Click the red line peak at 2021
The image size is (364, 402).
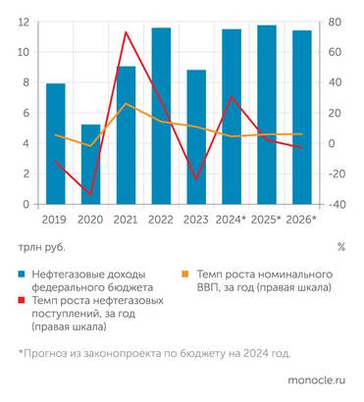[x=126, y=32]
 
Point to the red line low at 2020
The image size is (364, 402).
[x=90, y=194]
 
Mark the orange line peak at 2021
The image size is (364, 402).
[x=126, y=103]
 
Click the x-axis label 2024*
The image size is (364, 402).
[x=232, y=220]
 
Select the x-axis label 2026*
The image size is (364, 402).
[x=302, y=220]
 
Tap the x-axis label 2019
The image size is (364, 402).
[x=56, y=220]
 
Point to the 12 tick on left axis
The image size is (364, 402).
[x=22, y=22]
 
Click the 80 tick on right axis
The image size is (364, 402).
[x=335, y=22]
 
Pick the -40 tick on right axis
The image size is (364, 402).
[x=337, y=205]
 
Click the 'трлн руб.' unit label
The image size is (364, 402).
[x=40, y=247]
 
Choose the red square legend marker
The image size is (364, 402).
[x=22, y=302]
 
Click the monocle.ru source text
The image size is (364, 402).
[x=319, y=377]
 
